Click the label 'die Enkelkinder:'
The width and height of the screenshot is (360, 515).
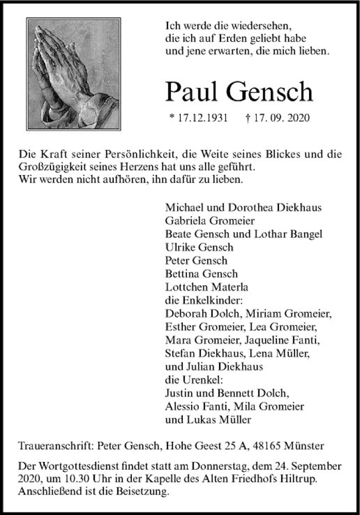pos(199,301)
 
